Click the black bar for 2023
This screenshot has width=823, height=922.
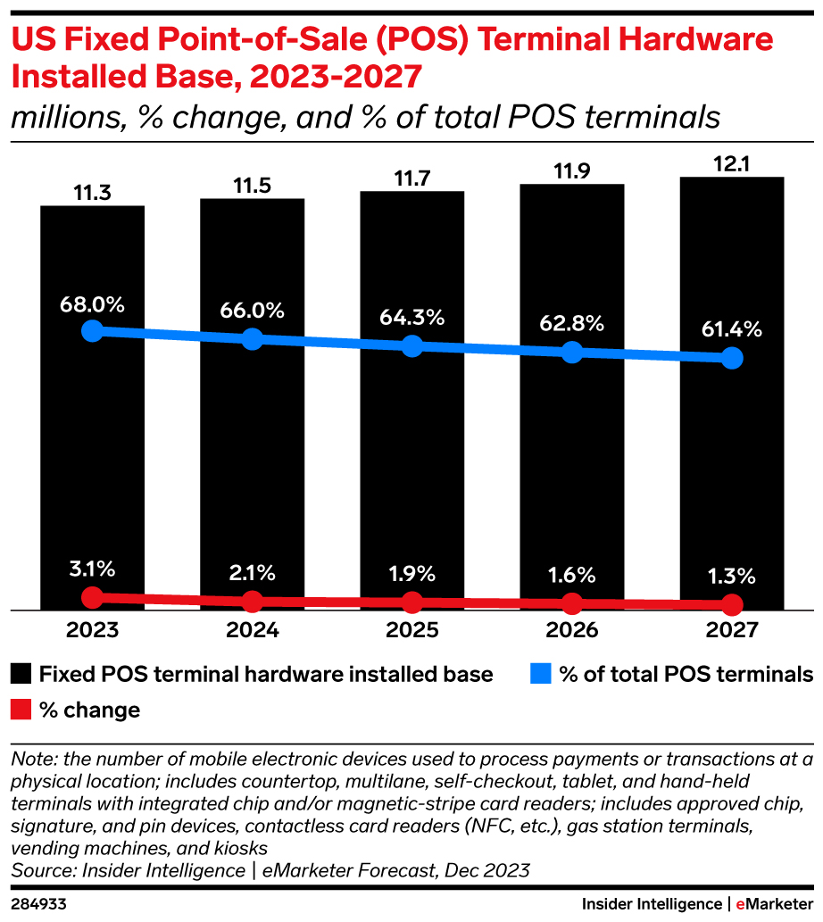92,446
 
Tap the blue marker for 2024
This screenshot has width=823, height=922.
252,339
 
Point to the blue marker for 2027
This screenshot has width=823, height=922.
732,358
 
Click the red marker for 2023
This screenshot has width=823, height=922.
92,596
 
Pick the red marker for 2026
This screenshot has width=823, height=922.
572,602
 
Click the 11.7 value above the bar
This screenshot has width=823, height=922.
411,179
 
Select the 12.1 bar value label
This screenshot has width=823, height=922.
731,164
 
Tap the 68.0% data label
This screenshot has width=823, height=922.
92,303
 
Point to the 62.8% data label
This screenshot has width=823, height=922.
572,322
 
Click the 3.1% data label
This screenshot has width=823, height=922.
92,569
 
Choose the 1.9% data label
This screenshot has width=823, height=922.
411,573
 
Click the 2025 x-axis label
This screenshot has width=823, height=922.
411,630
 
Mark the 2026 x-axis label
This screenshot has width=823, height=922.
572,630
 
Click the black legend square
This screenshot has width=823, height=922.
22,674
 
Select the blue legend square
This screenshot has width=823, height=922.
542,674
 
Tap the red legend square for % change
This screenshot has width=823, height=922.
22,710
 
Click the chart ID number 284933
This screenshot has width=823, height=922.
37,903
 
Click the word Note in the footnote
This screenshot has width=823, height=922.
29,760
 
